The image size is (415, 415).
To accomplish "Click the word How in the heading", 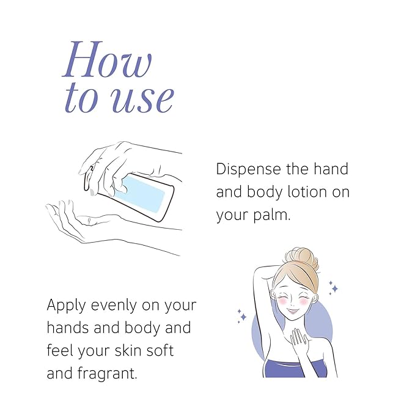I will pos(108,60).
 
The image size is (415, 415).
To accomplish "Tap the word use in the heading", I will pos(142,99).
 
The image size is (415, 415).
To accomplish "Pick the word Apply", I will pos(67,305).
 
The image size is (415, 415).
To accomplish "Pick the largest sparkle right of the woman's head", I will pos(333,287).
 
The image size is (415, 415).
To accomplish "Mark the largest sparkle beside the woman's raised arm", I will pos(242,317).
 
